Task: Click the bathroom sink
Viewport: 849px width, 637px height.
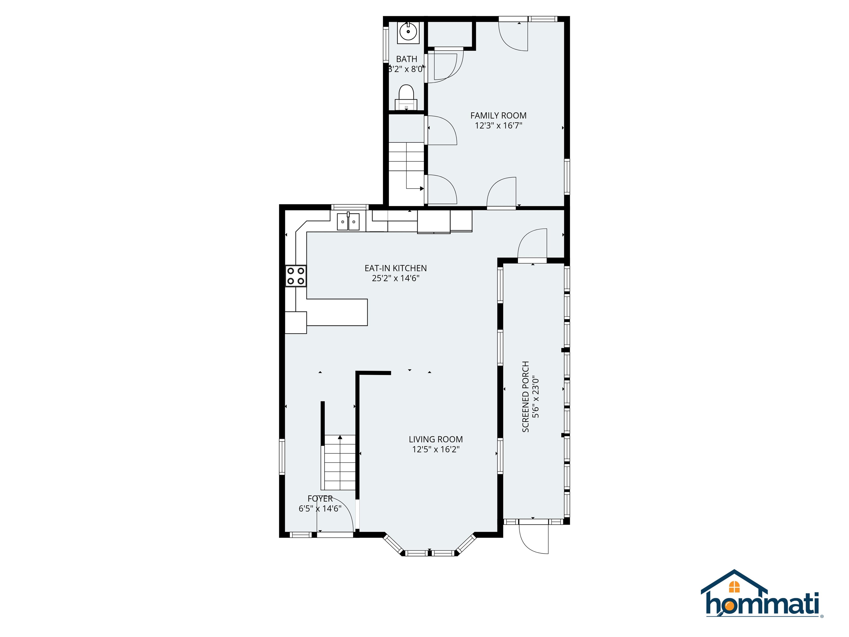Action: coord(408,32)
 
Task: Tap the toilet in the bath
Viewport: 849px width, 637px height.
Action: coord(406,98)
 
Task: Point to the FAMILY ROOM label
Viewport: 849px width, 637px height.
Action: coord(498,116)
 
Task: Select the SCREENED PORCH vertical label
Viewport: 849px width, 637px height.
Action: coord(525,397)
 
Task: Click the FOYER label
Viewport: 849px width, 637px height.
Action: coord(320,499)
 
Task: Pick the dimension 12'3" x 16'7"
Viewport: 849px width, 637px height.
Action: coord(498,126)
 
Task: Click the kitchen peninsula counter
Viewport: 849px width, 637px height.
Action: coord(337,312)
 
